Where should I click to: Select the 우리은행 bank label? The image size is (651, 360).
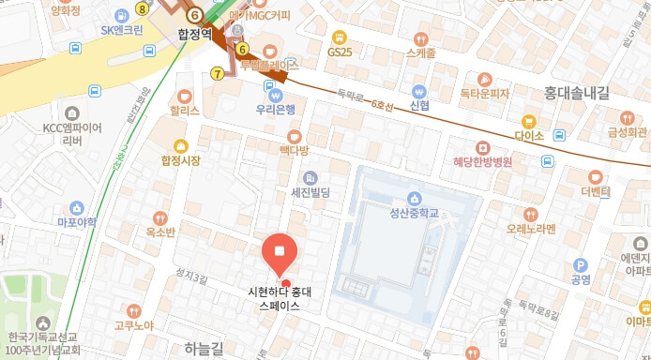click(x=276, y=109)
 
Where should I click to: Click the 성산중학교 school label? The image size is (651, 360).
click(x=415, y=214)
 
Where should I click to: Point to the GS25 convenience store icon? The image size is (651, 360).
click(x=339, y=37)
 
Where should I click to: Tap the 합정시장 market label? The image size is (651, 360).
click(x=181, y=160)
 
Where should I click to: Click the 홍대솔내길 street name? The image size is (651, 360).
click(x=576, y=92)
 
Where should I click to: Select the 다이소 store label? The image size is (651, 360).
click(x=529, y=136)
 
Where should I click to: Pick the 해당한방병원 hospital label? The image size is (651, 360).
click(x=482, y=161)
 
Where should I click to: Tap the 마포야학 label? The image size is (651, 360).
click(x=77, y=222)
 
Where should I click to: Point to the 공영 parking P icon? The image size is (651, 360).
click(x=580, y=265)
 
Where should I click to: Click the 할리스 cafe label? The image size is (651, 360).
click(x=184, y=110)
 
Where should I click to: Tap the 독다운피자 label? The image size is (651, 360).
click(x=484, y=94)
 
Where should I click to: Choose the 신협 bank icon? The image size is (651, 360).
click(x=419, y=91)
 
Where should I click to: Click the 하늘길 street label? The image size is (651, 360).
click(x=204, y=349)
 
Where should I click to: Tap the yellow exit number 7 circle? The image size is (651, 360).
click(x=219, y=73)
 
